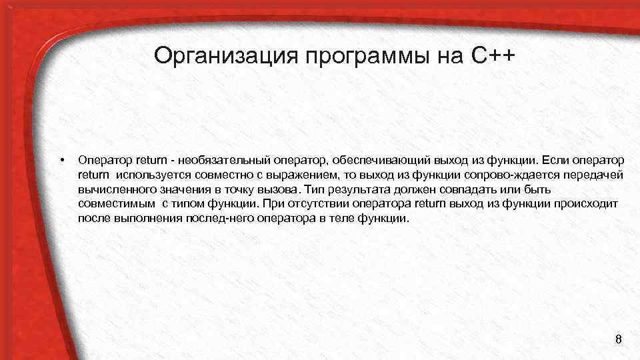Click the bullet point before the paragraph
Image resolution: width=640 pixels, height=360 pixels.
tap(61, 160)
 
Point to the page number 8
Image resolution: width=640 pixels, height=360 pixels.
tap(618, 341)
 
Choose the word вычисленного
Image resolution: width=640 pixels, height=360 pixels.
tap(115, 189)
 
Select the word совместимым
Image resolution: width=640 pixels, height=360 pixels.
tap(115, 203)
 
